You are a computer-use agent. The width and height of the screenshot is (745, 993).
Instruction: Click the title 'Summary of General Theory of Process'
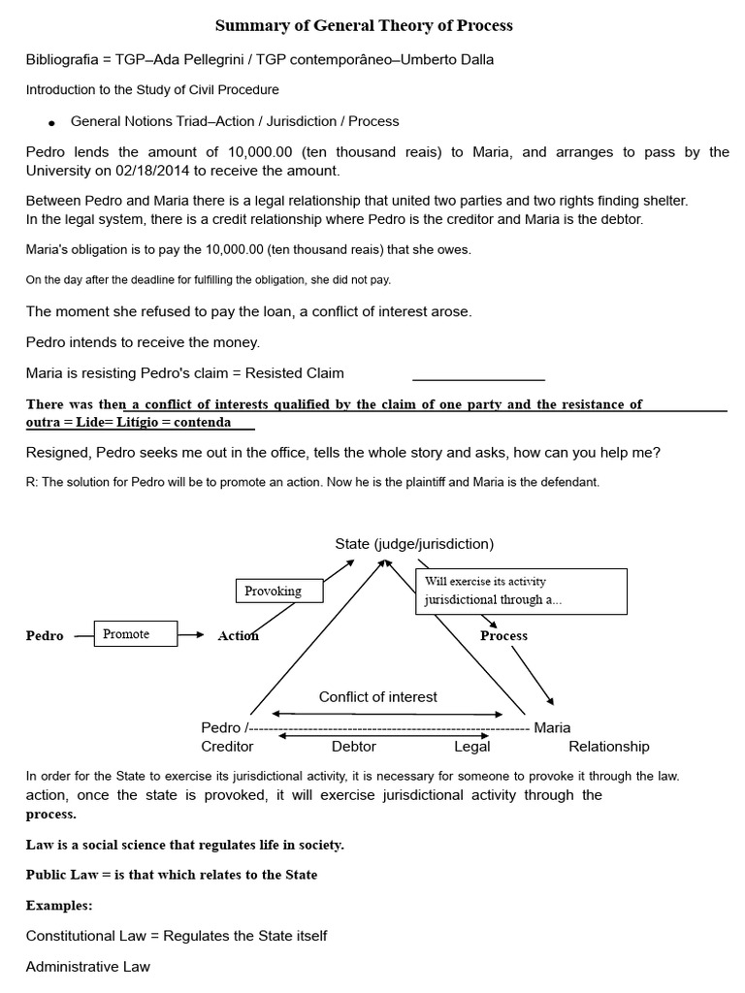click(x=363, y=25)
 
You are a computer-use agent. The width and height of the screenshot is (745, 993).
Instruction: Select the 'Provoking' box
click(x=273, y=591)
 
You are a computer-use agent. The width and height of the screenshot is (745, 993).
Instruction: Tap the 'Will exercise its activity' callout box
click(x=521, y=591)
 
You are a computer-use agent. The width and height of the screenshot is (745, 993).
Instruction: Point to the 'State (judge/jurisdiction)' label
click(x=414, y=544)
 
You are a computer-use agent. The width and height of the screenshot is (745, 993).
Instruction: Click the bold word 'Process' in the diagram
click(x=503, y=636)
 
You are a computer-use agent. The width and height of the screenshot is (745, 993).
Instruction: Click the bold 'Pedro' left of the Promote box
click(x=45, y=636)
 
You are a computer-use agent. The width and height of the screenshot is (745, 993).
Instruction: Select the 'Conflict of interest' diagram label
click(x=377, y=696)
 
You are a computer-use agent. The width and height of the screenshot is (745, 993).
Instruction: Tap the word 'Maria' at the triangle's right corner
click(x=552, y=727)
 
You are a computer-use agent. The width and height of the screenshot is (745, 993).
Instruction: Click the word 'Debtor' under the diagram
click(x=353, y=747)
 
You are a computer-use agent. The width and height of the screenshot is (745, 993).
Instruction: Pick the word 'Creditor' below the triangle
click(x=227, y=747)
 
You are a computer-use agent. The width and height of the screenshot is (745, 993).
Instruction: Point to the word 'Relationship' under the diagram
click(x=608, y=747)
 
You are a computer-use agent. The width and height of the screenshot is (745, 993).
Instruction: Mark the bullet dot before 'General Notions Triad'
click(x=50, y=123)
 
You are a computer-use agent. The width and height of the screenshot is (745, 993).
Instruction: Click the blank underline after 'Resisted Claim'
click(x=478, y=378)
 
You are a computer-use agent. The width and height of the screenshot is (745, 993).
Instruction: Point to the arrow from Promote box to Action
click(x=193, y=635)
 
